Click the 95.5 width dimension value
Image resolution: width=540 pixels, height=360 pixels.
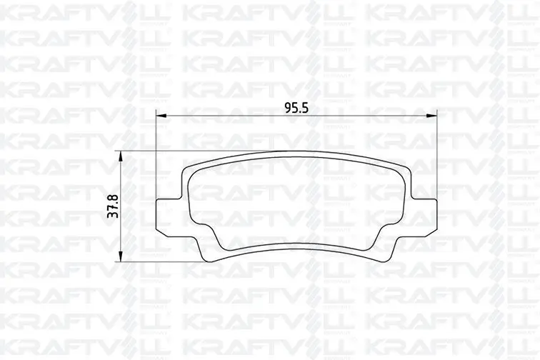coord(296,108)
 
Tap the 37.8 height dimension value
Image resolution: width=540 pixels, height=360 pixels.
coord(113,206)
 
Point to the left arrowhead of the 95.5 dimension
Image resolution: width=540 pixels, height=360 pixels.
coord(161,116)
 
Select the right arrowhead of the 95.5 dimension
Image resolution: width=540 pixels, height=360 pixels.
coord(431,116)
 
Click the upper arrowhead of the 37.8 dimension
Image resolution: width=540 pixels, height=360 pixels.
coord(120,156)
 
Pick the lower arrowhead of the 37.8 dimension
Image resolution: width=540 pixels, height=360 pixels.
coord(120,256)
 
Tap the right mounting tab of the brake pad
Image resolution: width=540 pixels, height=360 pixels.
coord(424,218)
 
